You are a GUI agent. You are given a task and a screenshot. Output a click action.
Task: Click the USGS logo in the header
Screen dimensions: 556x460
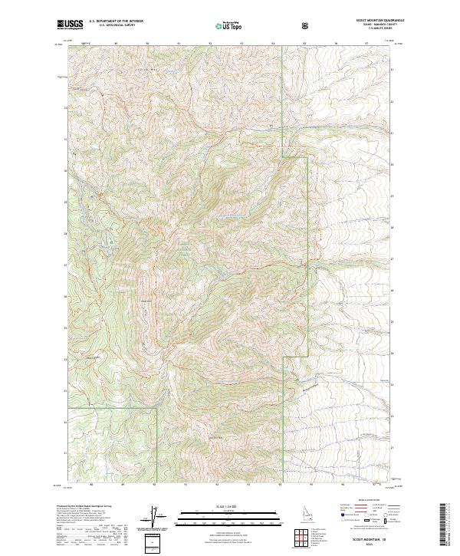coord(71,25)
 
